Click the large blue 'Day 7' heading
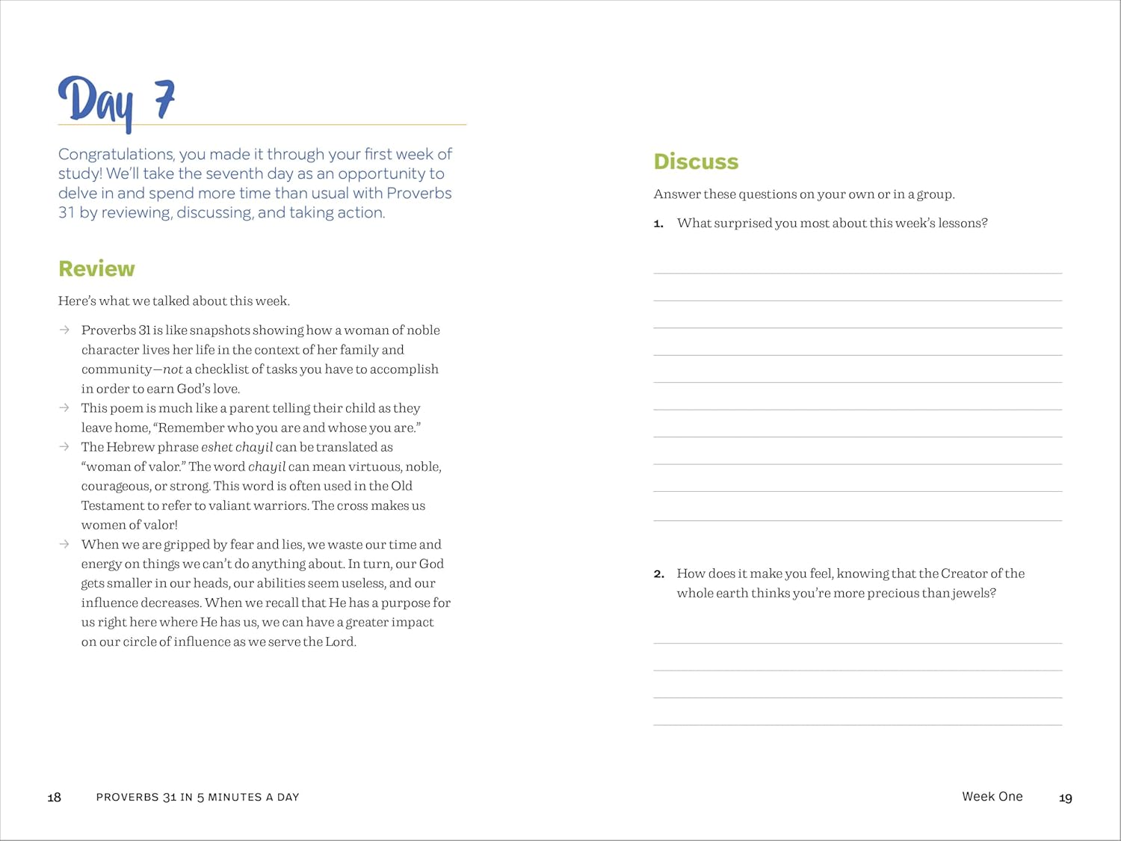pyautogui.click(x=117, y=102)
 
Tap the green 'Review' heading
pyautogui.click(x=96, y=269)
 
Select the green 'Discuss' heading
pyautogui.click(x=696, y=161)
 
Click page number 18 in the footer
pyautogui.click(x=55, y=798)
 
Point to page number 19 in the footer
pyautogui.click(x=1066, y=798)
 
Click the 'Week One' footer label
pyautogui.click(x=992, y=797)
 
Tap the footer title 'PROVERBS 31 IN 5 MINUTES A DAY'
pyautogui.click(x=197, y=798)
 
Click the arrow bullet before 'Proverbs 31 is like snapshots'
pyautogui.click(x=65, y=330)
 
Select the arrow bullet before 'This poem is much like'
pyautogui.click(x=65, y=407)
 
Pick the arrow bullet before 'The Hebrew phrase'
pyautogui.click(x=65, y=446)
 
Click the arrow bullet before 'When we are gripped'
pyautogui.click(x=65, y=543)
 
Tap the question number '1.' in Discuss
pyautogui.click(x=658, y=224)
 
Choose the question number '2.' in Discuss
pyautogui.click(x=658, y=574)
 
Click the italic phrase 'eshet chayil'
pyautogui.click(x=237, y=447)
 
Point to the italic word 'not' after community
pyautogui.click(x=173, y=369)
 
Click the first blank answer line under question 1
pyautogui.click(x=857, y=273)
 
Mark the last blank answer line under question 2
pyautogui.click(x=857, y=724)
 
